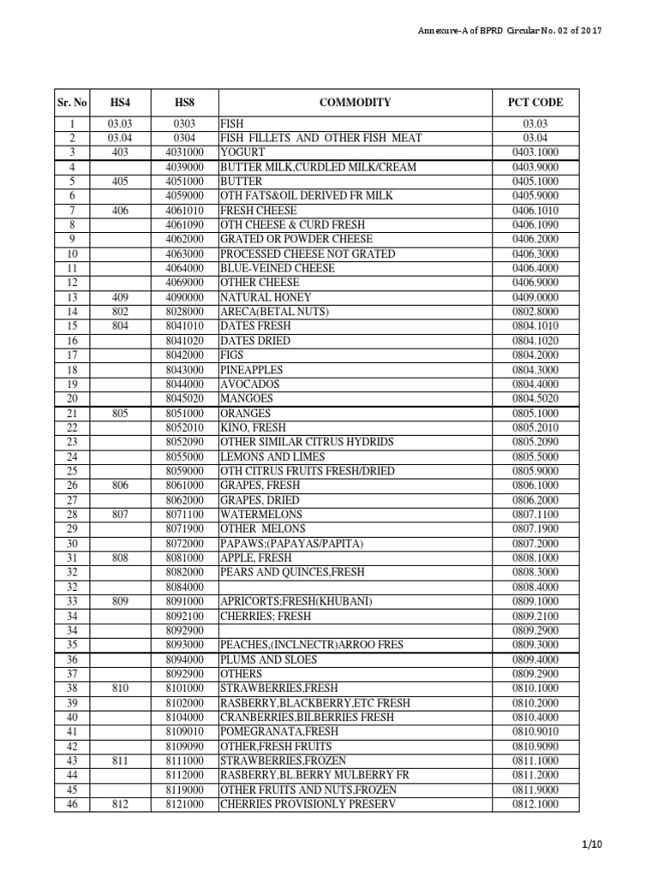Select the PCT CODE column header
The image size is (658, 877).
coord(535,103)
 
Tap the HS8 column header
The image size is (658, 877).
coord(185,103)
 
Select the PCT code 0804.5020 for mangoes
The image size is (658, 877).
coord(535,398)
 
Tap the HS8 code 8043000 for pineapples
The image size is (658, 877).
coord(185,369)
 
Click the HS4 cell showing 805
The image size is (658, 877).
coord(119,413)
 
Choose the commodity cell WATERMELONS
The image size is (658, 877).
coord(262,515)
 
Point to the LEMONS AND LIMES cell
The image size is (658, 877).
coord(270,456)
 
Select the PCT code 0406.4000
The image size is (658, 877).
coord(535,268)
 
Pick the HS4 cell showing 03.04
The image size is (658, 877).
coord(119,138)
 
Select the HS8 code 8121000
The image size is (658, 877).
coord(185,805)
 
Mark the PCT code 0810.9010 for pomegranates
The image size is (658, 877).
coord(535,732)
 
